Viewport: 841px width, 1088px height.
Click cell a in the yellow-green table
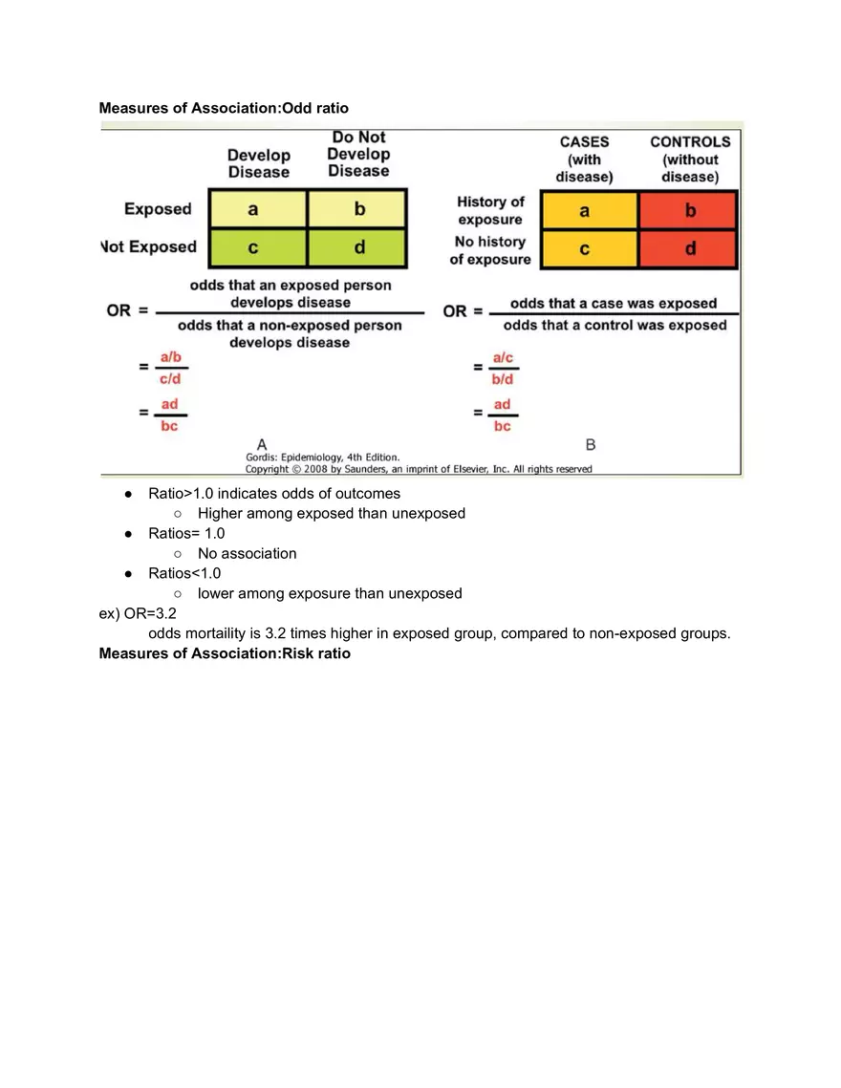pos(253,208)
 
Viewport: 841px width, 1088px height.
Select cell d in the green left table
pos(359,247)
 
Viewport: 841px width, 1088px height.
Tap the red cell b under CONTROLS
pos(690,211)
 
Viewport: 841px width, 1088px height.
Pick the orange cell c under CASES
pos(585,249)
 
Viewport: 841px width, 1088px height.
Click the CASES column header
pos(584,159)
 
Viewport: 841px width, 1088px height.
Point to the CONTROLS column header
pos(690,159)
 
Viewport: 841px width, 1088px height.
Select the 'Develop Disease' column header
pos(258,163)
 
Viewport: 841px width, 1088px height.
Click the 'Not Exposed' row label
pos(148,247)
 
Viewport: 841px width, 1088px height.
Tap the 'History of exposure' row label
pos(490,210)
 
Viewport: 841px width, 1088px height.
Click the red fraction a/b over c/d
pos(171,367)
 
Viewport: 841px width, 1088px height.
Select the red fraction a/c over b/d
pos(503,367)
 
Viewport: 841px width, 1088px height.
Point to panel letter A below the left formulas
pos(261,443)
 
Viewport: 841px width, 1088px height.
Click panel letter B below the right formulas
pos(591,444)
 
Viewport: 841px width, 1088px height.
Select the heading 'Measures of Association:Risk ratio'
pos(225,654)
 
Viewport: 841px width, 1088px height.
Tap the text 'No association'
pos(247,553)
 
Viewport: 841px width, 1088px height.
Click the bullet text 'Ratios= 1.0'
pos(186,533)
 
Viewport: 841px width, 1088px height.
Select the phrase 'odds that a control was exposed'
pos(615,325)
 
